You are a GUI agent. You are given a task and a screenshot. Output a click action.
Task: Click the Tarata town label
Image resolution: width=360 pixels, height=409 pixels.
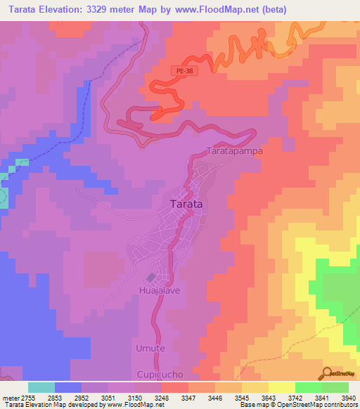click(x=187, y=204)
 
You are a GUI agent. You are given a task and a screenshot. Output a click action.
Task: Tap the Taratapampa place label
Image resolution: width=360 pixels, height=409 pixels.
click(x=233, y=150)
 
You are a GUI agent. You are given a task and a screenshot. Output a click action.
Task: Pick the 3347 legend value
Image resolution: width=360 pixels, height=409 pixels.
click(x=188, y=398)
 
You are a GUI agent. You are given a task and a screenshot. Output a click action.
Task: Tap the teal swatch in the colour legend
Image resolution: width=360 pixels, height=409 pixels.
click(x=41, y=387)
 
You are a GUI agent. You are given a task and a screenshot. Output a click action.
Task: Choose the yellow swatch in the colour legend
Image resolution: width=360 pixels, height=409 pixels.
click(x=281, y=387)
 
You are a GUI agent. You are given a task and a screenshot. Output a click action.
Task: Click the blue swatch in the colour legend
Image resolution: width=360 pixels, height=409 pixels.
click(x=68, y=387)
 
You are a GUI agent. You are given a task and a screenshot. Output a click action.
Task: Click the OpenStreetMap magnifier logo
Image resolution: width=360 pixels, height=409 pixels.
click(x=326, y=373)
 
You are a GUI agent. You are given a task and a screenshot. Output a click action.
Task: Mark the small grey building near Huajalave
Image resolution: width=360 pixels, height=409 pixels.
click(x=150, y=278)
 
